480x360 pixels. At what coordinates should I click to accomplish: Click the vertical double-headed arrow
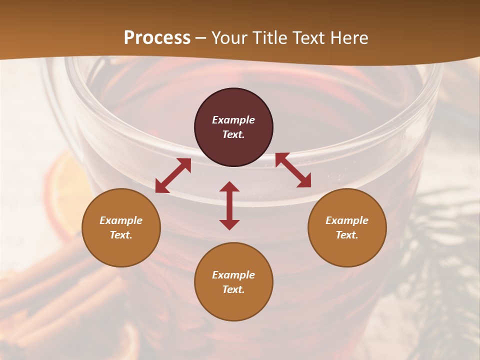[229, 205]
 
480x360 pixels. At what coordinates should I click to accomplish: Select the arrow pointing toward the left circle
[173, 175]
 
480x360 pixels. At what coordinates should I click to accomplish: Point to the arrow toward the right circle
[293, 170]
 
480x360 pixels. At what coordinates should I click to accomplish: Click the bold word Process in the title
[157, 37]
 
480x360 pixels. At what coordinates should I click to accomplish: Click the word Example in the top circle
[233, 120]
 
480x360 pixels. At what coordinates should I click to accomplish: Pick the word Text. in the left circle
[121, 235]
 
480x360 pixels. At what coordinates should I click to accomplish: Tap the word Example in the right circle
[347, 220]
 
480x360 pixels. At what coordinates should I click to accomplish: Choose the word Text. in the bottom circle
[233, 289]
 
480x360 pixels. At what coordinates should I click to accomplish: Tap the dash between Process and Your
[200, 38]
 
